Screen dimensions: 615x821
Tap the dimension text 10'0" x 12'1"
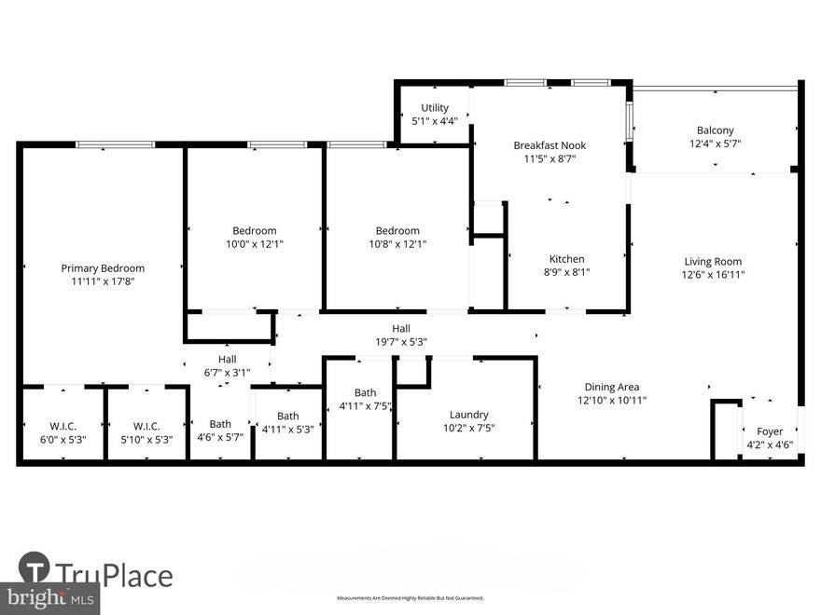(x=255, y=244)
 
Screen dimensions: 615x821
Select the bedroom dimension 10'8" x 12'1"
(x=397, y=244)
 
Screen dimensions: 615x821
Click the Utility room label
(x=435, y=108)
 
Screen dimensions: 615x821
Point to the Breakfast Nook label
(x=550, y=145)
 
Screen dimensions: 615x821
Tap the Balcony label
(x=715, y=130)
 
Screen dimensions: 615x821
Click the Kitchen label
(x=566, y=259)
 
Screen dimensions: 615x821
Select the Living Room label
(x=713, y=262)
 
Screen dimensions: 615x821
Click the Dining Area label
(x=612, y=387)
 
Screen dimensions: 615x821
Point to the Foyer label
(x=770, y=431)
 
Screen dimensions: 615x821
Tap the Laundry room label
(x=468, y=415)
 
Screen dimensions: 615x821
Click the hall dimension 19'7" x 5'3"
(x=401, y=341)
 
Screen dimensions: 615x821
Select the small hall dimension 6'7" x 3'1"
(x=227, y=373)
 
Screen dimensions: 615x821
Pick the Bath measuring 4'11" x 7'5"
(x=365, y=405)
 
